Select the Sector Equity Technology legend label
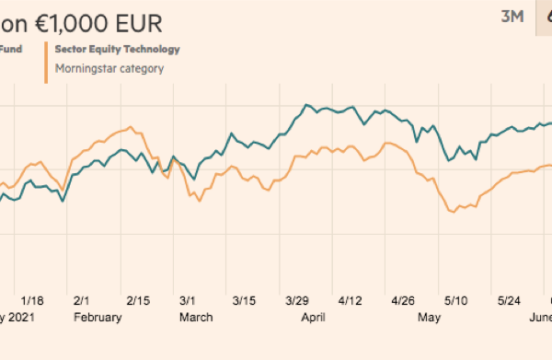tap(117, 49)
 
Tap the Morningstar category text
tap(109, 67)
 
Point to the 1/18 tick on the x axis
tap(32, 301)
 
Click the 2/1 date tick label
tap(81, 301)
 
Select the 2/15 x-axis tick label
tap(138, 301)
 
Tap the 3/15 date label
tap(245, 301)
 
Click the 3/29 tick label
tap(297, 301)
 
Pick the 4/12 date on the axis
tap(351, 301)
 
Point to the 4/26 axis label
tap(404, 301)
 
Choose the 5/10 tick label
tap(456, 301)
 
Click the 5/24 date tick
tap(510, 301)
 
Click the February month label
tap(98, 317)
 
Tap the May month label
tap(428, 317)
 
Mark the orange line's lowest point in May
tap(454, 213)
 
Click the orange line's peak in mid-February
tap(132, 127)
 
